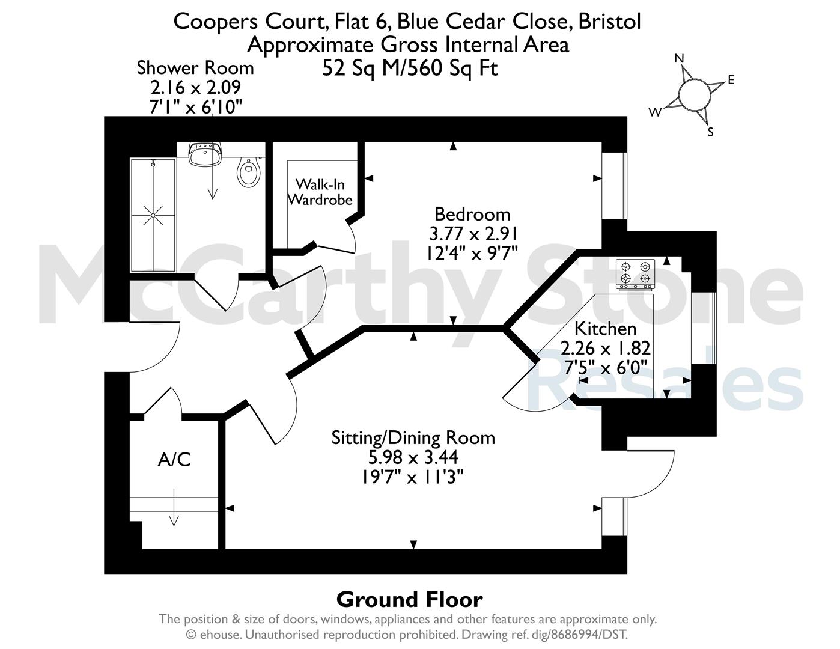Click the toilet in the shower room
(x=248, y=172)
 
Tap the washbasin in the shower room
(x=205, y=154)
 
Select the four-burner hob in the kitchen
(x=636, y=275)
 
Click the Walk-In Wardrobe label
(x=320, y=192)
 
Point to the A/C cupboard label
(x=174, y=460)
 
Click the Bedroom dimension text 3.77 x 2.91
(x=473, y=234)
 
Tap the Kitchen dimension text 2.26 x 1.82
(x=605, y=348)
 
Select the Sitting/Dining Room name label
(x=413, y=438)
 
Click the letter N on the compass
(x=679, y=58)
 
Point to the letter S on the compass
(x=710, y=132)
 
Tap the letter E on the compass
(x=731, y=80)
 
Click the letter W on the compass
(x=655, y=112)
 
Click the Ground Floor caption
(x=409, y=600)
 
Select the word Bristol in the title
(x=610, y=22)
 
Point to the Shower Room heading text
(x=195, y=68)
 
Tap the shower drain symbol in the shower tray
(x=153, y=215)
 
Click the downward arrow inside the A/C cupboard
(x=174, y=507)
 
